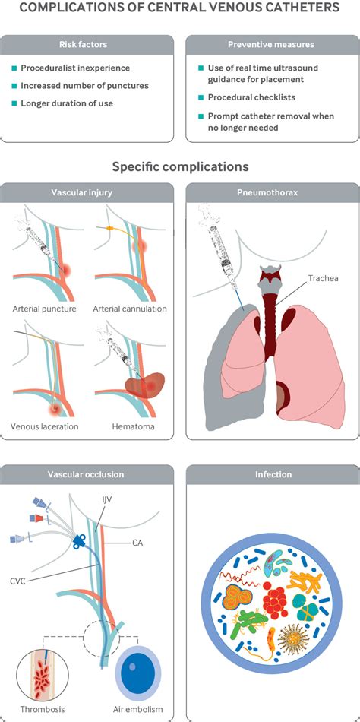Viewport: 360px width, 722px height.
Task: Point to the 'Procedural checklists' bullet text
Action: pyautogui.click(x=252, y=97)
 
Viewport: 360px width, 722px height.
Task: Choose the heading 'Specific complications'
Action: pyautogui.click(x=180, y=166)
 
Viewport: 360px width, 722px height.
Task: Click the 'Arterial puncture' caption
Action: pyautogui.click(x=44, y=309)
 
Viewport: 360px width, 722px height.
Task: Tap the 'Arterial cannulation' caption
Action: pyautogui.click(x=130, y=309)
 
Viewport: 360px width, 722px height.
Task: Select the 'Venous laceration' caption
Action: pyautogui.click(x=45, y=426)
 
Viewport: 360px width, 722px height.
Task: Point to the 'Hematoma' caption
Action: pyautogui.click(x=134, y=426)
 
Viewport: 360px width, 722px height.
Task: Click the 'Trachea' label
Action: pyautogui.click(x=324, y=278)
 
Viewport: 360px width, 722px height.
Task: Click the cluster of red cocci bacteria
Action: pyautogui.click(x=274, y=599)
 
